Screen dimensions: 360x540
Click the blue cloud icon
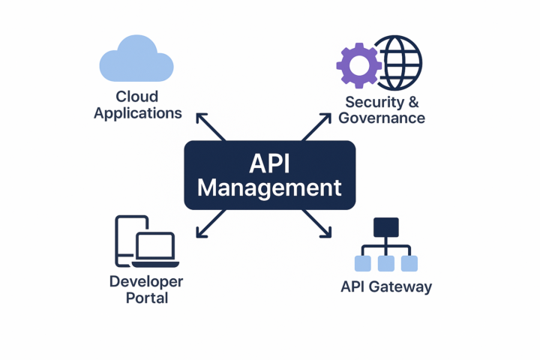136,61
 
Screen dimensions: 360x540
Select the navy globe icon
397,62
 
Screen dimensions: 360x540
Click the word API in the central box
269,163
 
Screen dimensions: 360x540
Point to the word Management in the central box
269,187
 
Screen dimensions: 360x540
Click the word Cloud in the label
137,97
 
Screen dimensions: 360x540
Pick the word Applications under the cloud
138,113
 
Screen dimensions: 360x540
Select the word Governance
382,118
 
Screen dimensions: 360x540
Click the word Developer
146,281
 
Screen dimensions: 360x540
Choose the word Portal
146,298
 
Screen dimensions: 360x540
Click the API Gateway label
386,286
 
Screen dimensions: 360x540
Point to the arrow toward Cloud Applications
210,127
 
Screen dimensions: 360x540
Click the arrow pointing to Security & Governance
316,127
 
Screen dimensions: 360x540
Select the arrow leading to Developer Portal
210,223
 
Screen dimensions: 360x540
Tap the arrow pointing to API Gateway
316,223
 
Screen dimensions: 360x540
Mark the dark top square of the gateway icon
386,227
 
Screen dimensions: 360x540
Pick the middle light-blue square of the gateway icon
386,263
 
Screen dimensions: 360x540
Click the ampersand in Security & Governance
412,102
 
